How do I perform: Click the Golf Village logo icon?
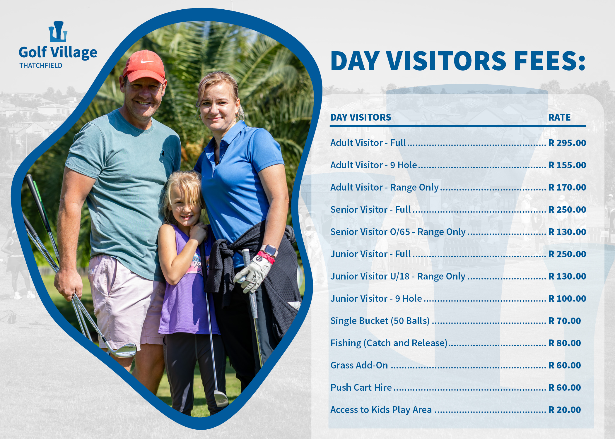(x=58, y=31)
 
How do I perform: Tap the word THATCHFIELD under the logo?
(x=41, y=66)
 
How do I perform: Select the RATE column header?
(x=559, y=117)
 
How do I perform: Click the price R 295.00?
(x=567, y=143)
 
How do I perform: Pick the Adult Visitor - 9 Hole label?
(x=374, y=165)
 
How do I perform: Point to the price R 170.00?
(x=567, y=187)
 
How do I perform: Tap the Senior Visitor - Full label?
(x=371, y=210)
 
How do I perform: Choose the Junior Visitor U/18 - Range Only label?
(x=398, y=277)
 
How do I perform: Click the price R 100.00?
(x=567, y=299)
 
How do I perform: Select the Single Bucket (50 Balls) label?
(x=380, y=321)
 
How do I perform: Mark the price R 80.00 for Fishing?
(x=565, y=343)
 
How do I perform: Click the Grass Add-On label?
(x=359, y=365)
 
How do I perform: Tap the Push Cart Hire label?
(x=361, y=387)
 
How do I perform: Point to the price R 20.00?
(x=565, y=410)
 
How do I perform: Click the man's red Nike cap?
(x=144, y=67)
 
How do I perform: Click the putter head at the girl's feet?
(x=221, y=398)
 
